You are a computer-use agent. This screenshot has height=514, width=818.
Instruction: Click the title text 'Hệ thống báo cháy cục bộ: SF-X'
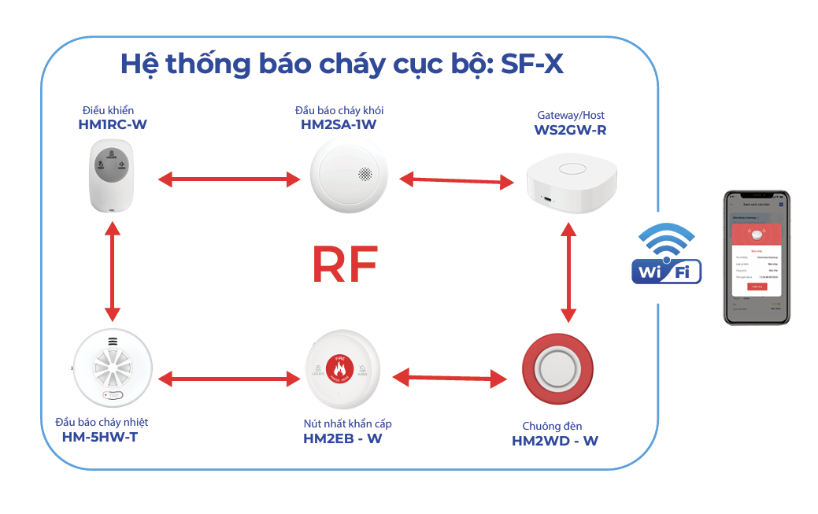(x=342, y=64)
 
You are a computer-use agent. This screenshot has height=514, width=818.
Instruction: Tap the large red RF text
(x=344, y=264)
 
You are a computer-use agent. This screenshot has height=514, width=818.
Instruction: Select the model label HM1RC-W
(x=113, y=124)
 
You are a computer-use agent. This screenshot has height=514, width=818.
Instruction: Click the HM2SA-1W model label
(x=339, y=124)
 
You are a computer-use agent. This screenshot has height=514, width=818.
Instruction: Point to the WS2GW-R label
(x=570, y=130)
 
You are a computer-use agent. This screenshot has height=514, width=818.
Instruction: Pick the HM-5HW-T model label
(x=100, y=437)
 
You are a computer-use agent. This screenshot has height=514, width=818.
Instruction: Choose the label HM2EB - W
(x=342, y=438)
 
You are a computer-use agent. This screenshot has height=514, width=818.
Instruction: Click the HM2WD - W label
(x=555, y=441)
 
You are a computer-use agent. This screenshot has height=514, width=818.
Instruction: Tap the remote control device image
(x=111, y=175)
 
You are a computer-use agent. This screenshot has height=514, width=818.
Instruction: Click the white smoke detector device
(x=349, y=178)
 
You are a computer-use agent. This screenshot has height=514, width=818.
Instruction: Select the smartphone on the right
(x=757, y=257)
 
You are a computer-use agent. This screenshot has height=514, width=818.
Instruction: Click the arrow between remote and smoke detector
(x=229, y=179)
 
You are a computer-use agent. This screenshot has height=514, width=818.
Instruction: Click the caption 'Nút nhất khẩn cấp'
(x=347, y=423)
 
